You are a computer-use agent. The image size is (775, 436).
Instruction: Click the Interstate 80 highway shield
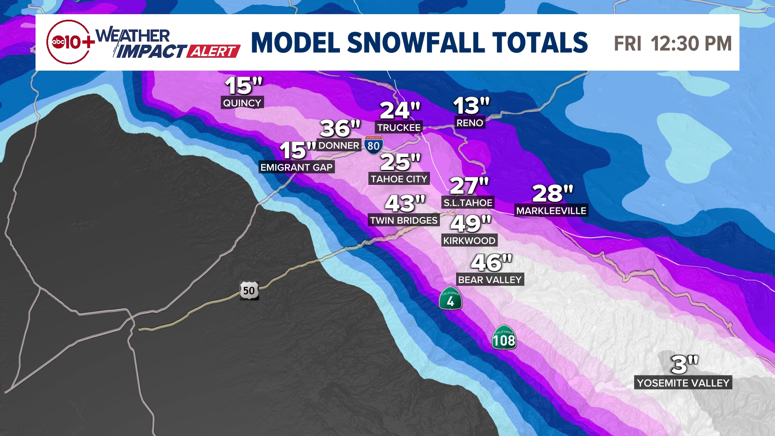(373, 145)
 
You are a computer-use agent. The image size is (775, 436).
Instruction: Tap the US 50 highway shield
(249, 290)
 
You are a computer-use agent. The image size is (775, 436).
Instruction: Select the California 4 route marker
(450, 299)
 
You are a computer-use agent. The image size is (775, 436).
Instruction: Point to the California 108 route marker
(504, 338)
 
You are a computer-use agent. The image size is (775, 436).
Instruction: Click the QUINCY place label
(242, 103)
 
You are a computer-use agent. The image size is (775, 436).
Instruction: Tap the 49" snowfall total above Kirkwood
(471, 223)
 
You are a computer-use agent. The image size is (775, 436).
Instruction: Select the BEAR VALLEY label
(490, 280)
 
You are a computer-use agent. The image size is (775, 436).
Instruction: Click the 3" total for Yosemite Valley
(684, 365)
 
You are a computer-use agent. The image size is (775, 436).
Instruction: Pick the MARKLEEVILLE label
(551, 211)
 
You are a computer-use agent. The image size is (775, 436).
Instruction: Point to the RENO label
(469, 123)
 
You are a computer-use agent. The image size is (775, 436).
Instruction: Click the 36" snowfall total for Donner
(340, 128)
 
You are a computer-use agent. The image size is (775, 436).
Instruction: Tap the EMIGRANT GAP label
(296, 167)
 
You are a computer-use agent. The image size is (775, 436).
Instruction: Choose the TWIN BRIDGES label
(404, 220)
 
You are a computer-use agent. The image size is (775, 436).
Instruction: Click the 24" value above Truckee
(400, 110)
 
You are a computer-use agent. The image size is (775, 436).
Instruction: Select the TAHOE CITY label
(399, 179)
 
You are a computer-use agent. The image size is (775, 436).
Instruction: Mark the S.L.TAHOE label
(468, 203)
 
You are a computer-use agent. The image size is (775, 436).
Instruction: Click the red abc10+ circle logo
(69, 42)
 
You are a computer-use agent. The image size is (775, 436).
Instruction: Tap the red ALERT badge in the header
(214, 52)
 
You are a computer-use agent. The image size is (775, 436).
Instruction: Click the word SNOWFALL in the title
(416, 43)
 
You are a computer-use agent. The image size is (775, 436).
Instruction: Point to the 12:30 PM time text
(691, 44)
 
